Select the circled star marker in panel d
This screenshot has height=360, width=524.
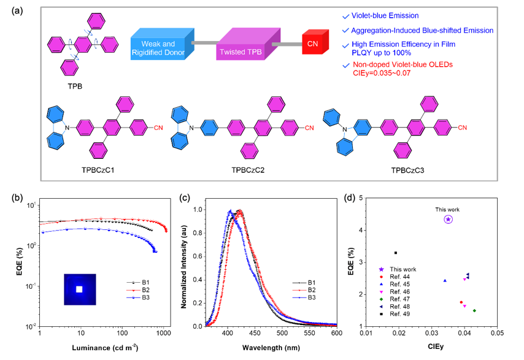click(x=448, y=219)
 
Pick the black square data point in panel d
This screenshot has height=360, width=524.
click(x=396, y=253)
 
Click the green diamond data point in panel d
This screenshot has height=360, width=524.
click(x=474, y=310)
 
